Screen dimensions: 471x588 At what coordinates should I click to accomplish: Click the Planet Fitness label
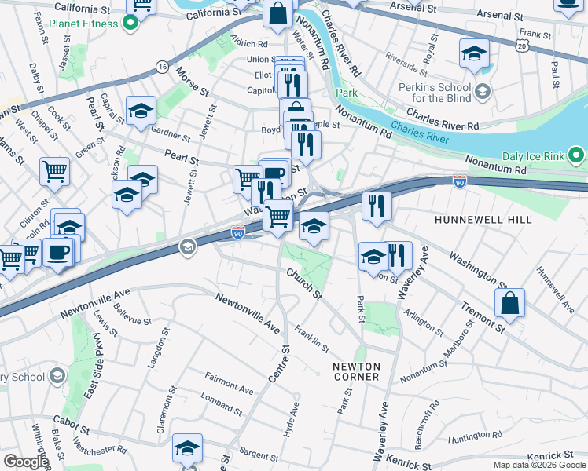[83, 24]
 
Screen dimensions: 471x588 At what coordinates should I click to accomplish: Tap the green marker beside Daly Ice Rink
[576, 154]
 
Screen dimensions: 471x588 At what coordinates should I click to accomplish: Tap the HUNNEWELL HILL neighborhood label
[483, 221]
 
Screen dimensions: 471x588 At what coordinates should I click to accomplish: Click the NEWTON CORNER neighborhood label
[356, 371]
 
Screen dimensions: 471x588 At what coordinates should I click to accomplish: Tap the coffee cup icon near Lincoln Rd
[60, 251]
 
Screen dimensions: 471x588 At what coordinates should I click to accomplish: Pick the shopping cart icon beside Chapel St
[54, 169]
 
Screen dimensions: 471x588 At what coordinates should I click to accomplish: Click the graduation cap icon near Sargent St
[187, 447]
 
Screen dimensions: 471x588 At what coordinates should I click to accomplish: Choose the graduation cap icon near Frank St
[474, 53]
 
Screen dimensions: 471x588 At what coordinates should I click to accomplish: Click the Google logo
[25, 462]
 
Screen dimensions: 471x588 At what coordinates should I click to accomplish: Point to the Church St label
[304, 284]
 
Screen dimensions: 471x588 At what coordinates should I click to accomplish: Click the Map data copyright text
[539, 465]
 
